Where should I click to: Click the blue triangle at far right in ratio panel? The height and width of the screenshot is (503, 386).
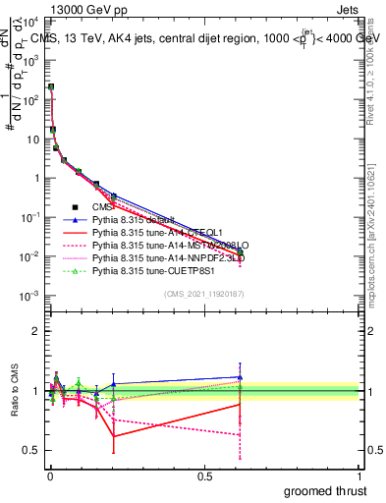click(239, 376)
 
